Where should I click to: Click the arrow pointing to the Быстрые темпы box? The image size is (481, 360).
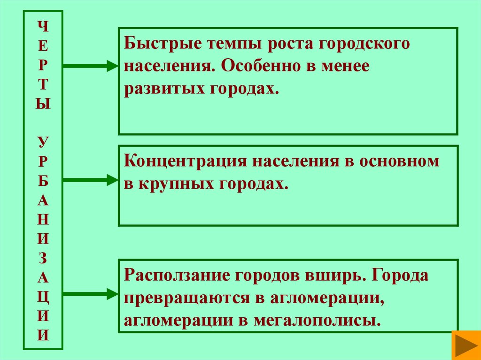point(89,66)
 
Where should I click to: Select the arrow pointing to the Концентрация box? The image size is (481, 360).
point(89,179)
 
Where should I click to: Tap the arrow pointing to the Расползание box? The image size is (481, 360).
point(89,294)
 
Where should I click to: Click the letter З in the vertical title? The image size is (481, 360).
point(43,258)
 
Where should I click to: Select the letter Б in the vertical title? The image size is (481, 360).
point(43,180)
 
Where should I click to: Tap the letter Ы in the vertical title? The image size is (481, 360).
point(43,103)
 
